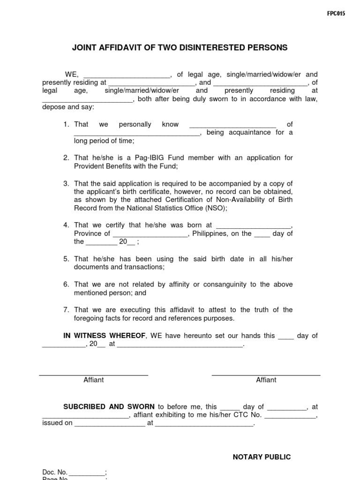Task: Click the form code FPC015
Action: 336,14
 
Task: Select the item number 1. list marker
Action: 67,124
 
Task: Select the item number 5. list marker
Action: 67,259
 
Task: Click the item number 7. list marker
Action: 67,310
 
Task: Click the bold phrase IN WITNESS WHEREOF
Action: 105,336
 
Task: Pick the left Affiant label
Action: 93,380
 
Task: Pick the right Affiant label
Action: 266,380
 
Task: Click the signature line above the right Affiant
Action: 266,375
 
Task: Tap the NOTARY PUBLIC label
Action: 262,457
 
